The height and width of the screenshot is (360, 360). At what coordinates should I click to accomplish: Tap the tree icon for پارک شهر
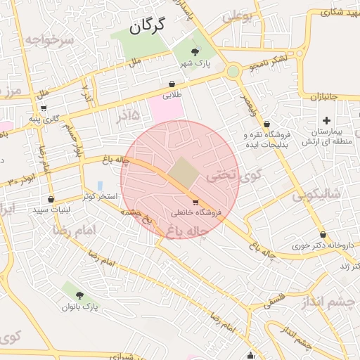point(195,51)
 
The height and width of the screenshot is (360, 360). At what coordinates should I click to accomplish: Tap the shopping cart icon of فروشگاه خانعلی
point(195,202)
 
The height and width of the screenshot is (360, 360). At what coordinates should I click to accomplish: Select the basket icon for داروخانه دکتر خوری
point(323,235)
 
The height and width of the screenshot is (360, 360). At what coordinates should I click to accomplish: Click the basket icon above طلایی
point(172,83)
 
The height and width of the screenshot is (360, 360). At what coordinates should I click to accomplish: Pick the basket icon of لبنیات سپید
point(51,199)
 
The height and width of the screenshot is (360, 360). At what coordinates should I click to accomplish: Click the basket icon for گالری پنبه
point(44,108)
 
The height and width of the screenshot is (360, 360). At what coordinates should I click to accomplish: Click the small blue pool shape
point(100,186)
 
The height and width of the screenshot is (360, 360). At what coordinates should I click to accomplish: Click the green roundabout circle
point(233,71)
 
